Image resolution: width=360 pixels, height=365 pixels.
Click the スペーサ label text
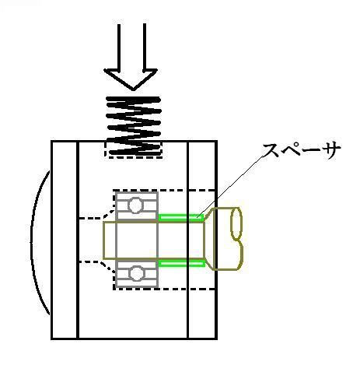click(302, 150)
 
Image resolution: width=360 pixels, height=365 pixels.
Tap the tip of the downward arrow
click(133, 90)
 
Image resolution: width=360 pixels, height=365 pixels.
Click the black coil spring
click(134, 126)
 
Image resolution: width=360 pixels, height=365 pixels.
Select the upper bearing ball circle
click(135, 205)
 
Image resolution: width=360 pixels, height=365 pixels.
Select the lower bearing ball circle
click(136, 274)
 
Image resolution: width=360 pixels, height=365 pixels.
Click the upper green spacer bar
click(181, 217)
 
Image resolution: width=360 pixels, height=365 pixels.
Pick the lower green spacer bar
click(181, 264)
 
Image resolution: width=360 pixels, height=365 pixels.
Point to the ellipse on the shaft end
click(236, 223)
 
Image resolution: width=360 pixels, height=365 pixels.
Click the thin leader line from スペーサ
click(232, 186)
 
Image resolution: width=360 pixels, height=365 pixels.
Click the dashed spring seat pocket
click(134, 149)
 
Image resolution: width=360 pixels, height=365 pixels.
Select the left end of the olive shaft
click(103, 240)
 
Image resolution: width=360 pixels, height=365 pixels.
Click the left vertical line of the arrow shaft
click(119, 47)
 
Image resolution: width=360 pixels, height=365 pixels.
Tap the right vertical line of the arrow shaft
click(145, 47)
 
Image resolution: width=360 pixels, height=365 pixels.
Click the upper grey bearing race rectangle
click(137, 205)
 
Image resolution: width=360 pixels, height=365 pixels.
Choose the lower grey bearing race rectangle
click(137, 273)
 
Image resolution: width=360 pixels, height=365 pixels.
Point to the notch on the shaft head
click(241, 244)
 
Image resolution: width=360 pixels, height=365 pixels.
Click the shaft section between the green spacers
click(181, 240)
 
